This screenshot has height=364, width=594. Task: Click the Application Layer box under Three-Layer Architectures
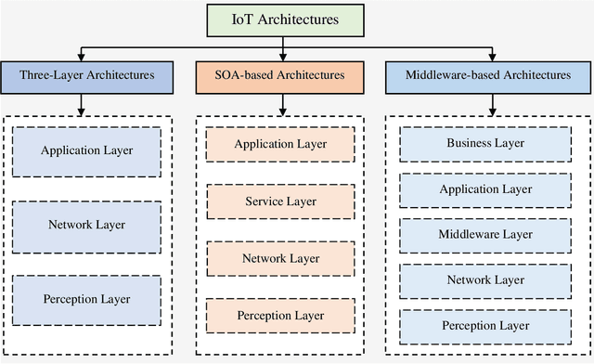(87, 149)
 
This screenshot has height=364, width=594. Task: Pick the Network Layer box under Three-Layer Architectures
(87, 224)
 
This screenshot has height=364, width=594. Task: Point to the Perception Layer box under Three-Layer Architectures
(87, 299)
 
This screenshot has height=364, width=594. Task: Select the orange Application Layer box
(280, 144)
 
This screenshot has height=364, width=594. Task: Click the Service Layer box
(280, 201)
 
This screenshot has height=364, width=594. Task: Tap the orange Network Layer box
(280, 258)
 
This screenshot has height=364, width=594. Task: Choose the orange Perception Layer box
(280, 316)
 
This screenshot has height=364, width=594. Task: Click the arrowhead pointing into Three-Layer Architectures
(83, 56)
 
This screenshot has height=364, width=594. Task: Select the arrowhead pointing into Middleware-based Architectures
(491, 56)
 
